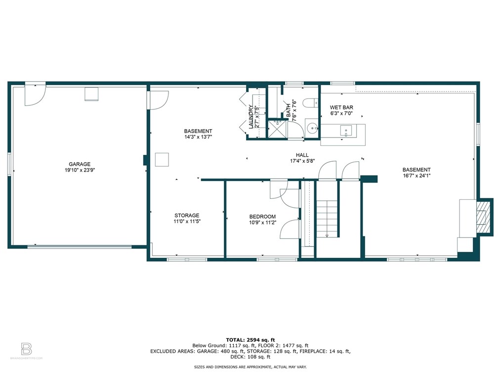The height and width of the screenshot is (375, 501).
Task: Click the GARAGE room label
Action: pos(80,164)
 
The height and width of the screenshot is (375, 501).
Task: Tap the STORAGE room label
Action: pos(187,215)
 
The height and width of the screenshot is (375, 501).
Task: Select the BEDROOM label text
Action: pos(262,217)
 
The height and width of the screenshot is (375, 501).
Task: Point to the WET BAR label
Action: pos(341,107)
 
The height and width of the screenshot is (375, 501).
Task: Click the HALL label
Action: pos(302,155)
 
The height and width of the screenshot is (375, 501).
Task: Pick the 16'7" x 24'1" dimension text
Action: pos(417,176)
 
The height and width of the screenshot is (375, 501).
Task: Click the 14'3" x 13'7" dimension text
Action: pos(198,137)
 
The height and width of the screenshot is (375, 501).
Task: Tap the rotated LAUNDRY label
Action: pos(251,117)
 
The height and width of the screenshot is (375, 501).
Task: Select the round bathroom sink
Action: pos(312,128)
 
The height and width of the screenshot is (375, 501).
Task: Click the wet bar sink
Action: pos(346,131)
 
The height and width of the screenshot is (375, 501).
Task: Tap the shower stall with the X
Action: pos(277,129)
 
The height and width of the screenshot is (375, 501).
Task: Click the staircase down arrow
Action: pos(327,236)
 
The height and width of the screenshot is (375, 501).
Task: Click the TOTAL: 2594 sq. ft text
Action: pos(250,340)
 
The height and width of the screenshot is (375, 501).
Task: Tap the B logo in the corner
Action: pos(26,349)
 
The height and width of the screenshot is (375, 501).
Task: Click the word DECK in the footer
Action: pos(237,357)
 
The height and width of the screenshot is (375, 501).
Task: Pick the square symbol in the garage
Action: pos(91,94)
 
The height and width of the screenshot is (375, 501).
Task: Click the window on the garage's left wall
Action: pos(9,164)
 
